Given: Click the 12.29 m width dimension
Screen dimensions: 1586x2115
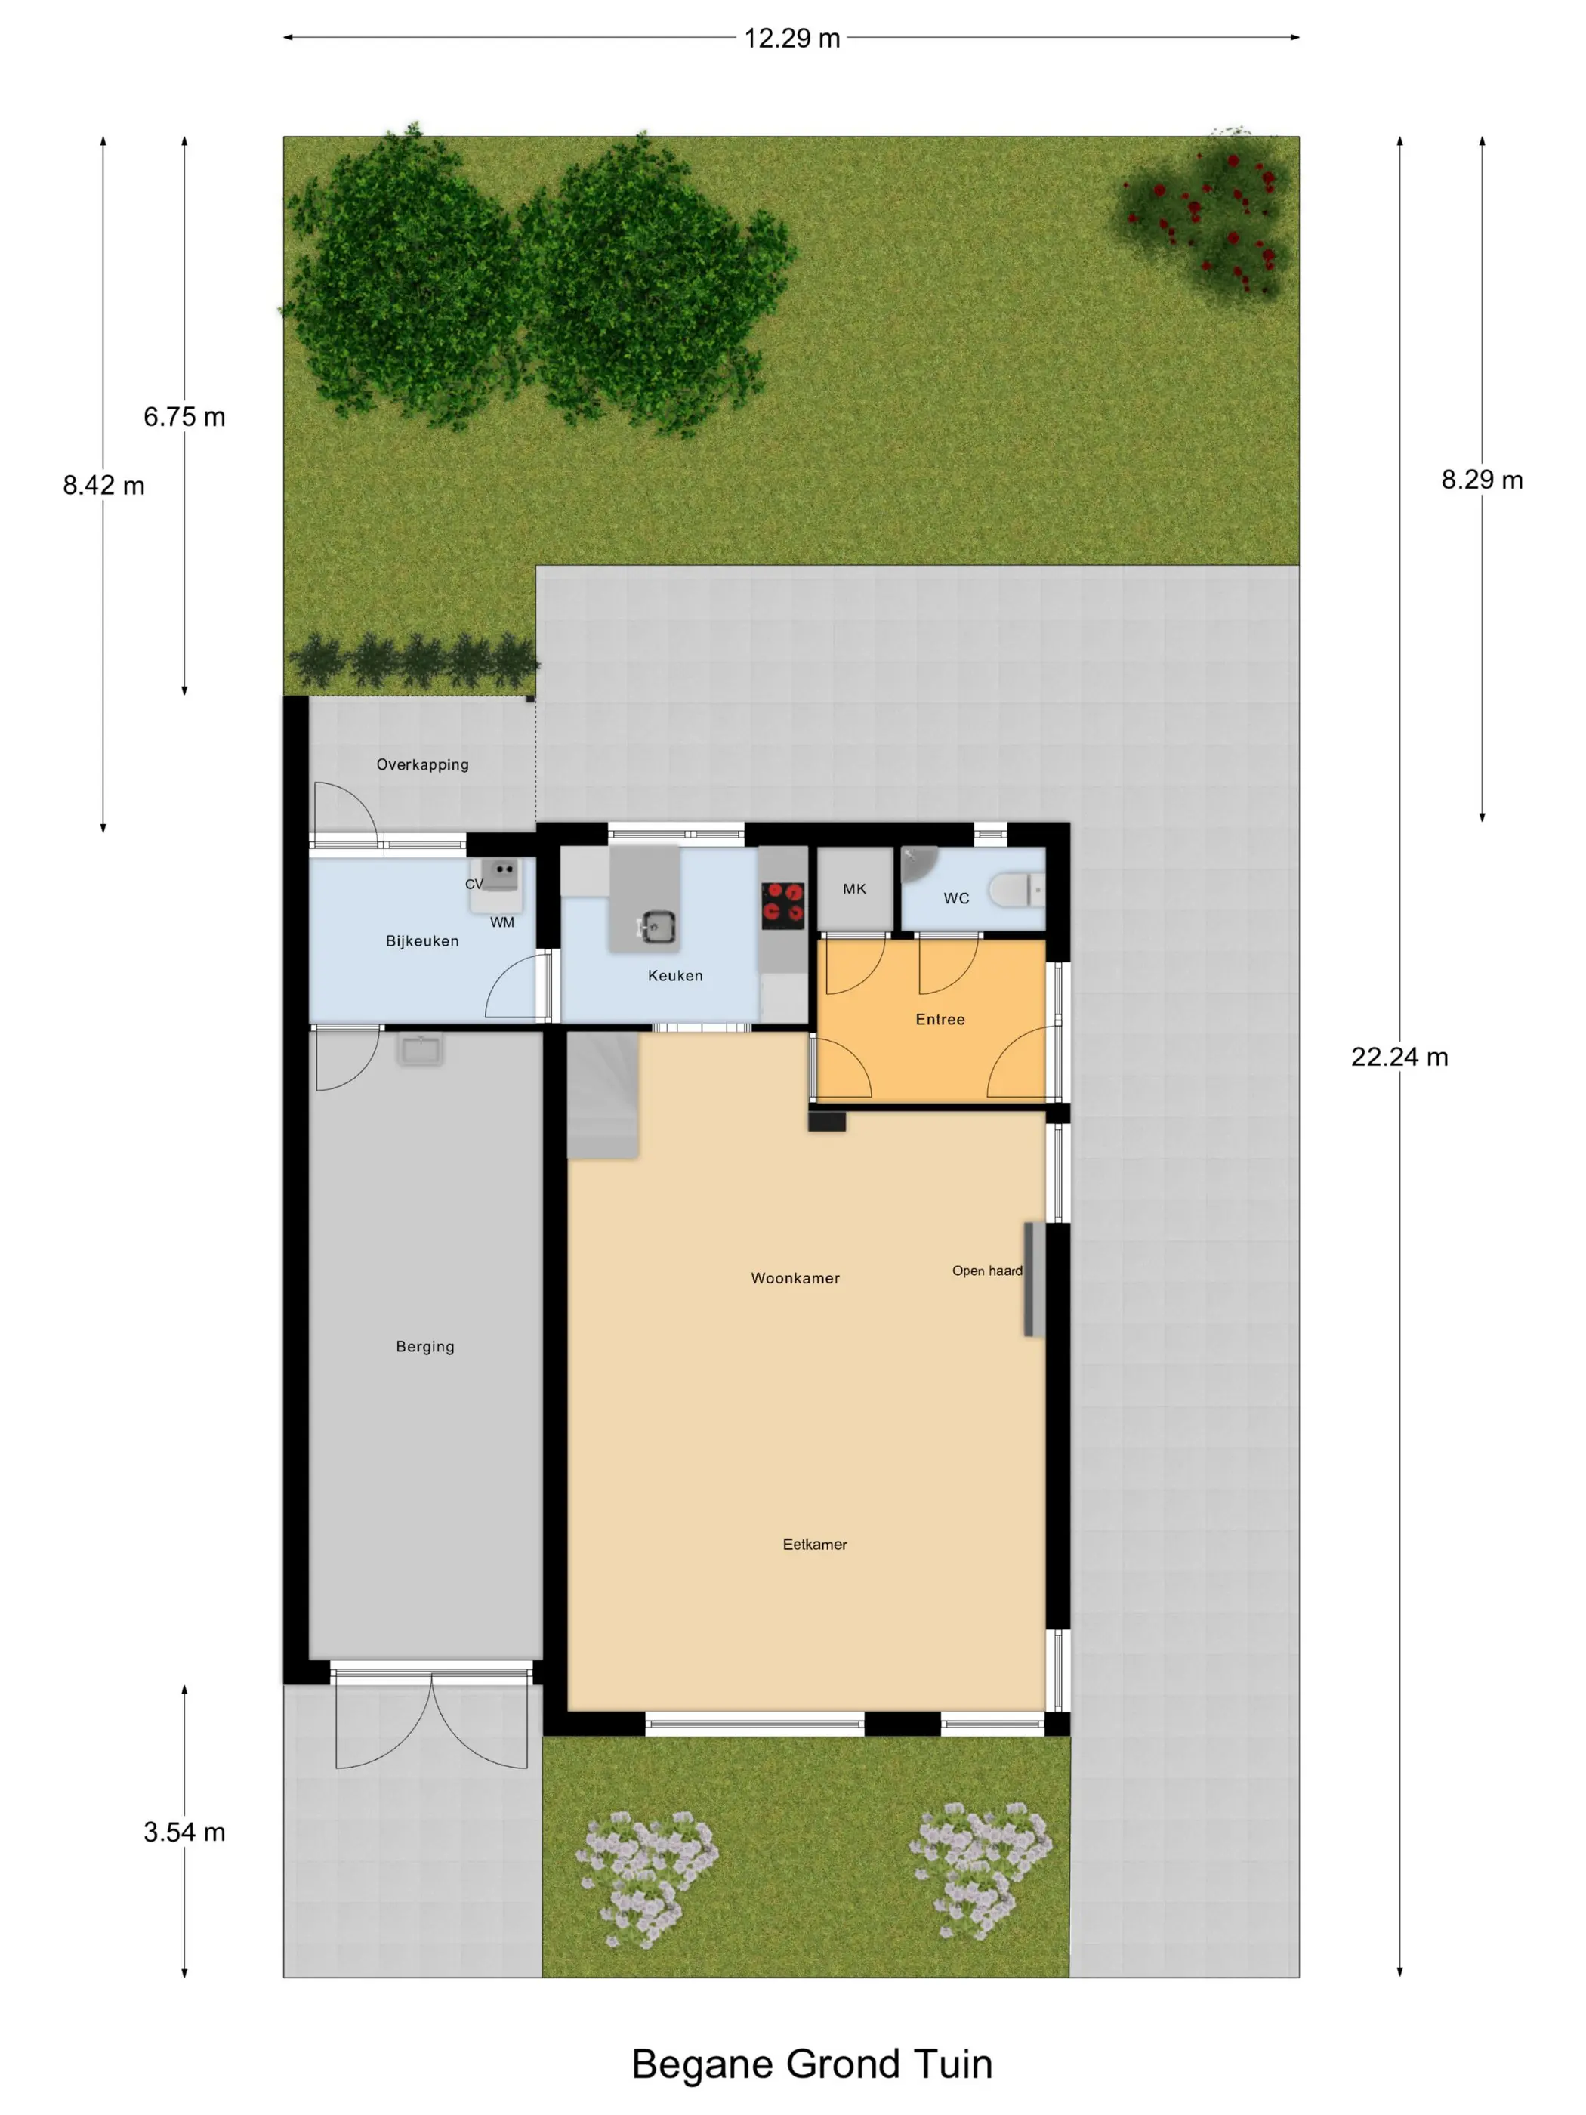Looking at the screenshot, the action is point(791,39).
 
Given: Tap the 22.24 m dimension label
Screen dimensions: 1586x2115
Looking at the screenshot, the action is point(1399,1057).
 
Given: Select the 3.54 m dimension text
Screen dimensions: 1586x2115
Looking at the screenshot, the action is point(184,1832).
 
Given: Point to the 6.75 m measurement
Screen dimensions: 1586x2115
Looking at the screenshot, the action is point(184,417).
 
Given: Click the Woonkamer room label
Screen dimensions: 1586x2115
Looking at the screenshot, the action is point(795,1278).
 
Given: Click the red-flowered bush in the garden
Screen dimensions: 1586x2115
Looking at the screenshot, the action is point(1206,220).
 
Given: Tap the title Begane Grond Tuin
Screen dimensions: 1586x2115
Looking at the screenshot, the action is point(812,2064).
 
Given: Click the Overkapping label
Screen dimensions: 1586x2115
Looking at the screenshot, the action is point(422,765).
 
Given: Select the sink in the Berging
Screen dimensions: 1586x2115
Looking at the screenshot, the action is point(421,1050).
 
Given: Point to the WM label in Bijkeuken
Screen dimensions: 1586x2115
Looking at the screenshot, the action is point(502,923).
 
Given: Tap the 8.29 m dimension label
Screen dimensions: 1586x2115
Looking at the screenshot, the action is point(1482,480).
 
